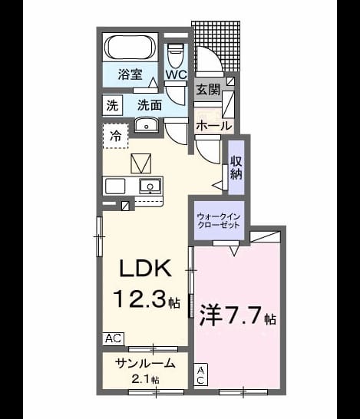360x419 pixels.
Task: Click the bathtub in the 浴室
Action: click(x=130, y=48)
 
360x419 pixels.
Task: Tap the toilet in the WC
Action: click(x=175, y=55)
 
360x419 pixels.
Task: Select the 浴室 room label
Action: click(x=130, y=74)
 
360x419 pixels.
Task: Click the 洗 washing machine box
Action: click(x=113, y=105)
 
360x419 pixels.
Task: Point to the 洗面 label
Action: click(x=150, y=105)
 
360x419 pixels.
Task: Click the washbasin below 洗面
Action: click(x=146, y=125)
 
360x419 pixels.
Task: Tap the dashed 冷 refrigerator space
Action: click(x=116, y=136)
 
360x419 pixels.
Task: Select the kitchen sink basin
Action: click(x=150, y=186)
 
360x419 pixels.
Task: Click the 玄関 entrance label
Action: click(x=208, y=90)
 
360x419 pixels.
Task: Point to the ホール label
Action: click(x=214, y=126)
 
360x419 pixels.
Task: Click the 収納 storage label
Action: click(x=236, y=167)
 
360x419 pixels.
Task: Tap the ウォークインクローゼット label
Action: click(x=219, y=220)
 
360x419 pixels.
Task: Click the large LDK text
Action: click(x=145, y=268)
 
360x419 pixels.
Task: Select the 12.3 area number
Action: click(x=142, y=299)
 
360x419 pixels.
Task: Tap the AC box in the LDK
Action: click(x=114, y=338)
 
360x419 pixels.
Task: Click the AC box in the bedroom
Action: click(x=200, y=374)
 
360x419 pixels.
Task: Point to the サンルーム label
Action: click(x=145, y=364)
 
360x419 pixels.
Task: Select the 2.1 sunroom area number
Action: click(x=141, y=379)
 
